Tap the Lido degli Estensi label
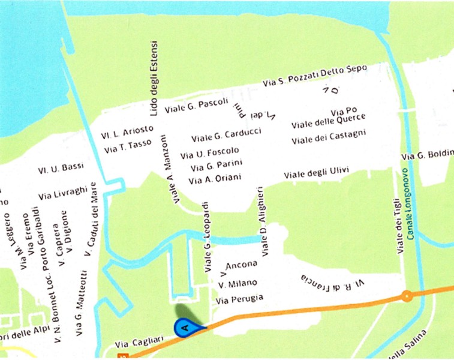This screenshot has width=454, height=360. pyautogui.click(x=154, y=79)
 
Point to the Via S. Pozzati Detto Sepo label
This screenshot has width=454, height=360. pyautogui.click(x=315, y=76)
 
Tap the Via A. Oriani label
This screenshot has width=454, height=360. pyautogui.click(x=215, y=179)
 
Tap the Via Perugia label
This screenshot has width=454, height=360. pyautogui.click(x=239, y=298)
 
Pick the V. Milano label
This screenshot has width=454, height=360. pyautogui.click(x=237, y=283)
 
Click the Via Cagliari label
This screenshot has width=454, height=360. pyautogui.click(x=131, y=344)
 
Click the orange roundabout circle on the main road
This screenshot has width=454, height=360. pyautogui.click(x=407, y=295)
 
